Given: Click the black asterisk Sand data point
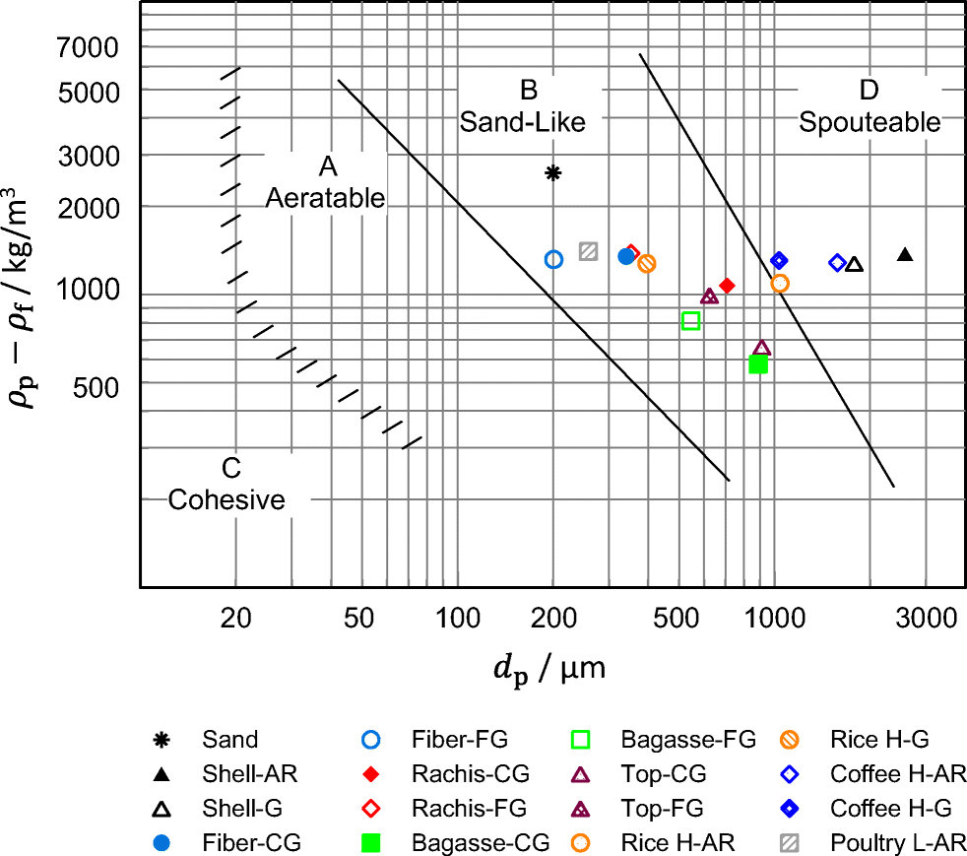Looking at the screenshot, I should [553, 173].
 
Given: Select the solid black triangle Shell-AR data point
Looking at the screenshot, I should [905, 255].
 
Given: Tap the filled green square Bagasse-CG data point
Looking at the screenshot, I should [758, 363].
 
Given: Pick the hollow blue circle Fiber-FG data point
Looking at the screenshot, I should [553, 259].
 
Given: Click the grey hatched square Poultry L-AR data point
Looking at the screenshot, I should [589, 251].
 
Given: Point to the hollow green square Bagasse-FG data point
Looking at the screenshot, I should [690, 320].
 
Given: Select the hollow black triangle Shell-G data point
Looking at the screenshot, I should [854, 264].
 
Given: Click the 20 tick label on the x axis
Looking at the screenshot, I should [233, 620].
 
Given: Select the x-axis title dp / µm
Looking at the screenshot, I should [548, 670].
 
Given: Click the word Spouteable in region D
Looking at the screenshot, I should [870, 122].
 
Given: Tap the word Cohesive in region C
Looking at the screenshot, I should [226, 499].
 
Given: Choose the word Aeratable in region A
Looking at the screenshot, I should [325, 197].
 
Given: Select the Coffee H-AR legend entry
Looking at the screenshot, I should [897, 774].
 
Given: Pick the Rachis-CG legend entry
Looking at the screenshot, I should [470, 774].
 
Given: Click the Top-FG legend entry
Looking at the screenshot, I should [662, 809].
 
